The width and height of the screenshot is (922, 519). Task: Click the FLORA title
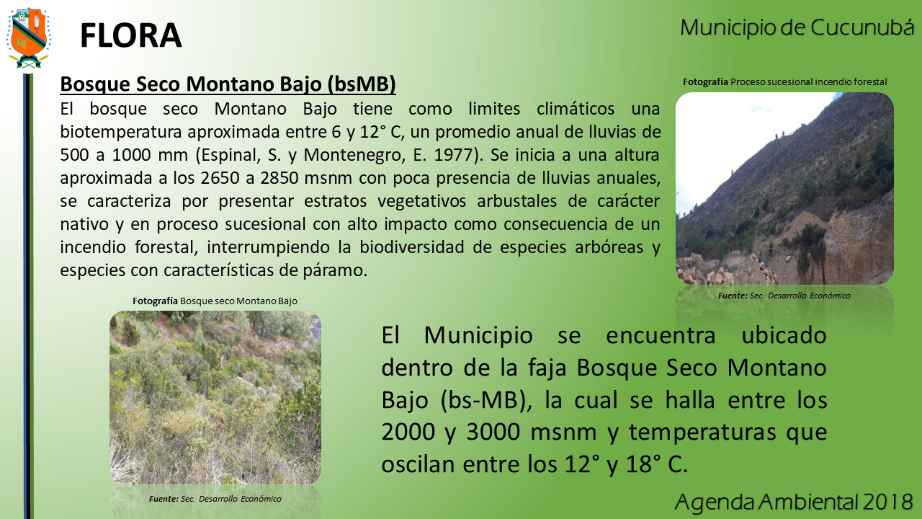[x=131, y=35]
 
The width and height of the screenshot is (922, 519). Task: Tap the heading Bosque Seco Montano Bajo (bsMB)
[x=228, y=84]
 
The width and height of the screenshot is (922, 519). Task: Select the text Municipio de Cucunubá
[x=797, y=27]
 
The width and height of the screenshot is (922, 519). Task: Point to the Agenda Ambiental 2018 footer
[x=794, y=501]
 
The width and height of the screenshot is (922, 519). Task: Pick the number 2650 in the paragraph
[x=220, y=178]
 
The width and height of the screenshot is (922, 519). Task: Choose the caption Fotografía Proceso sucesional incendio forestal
[x=785, y=82]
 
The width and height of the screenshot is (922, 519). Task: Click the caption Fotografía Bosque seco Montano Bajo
[x=215, y=301]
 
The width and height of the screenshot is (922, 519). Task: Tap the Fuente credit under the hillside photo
[x=784, y=296]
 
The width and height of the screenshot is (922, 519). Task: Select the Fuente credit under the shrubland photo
[x=215, y=499]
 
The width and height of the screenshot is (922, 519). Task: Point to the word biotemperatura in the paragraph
[x=121, y=132]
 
